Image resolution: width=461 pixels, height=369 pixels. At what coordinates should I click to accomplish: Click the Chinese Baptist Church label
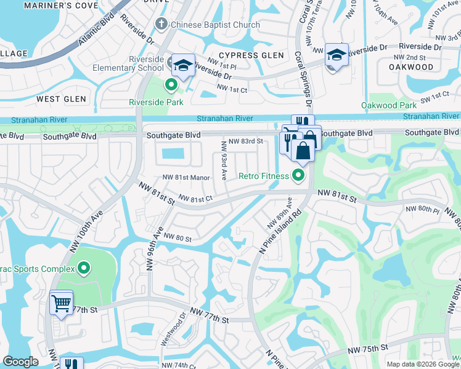pyautogui.click(x=215, y=25)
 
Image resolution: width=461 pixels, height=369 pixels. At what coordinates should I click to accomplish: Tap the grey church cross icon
pyautogui.click(x=161, y=25)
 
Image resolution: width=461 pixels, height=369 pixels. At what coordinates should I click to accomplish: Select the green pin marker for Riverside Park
pyautogui.click(x=172, y=85)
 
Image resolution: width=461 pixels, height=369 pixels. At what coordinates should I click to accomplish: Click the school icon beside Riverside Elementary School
pyautogui.click(x=183, y=65)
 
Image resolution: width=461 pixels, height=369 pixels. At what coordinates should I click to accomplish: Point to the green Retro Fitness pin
pyautogui.click(x=299, y=176)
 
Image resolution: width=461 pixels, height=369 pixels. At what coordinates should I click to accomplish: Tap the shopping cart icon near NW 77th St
pyautogui.click(x=61, y=302)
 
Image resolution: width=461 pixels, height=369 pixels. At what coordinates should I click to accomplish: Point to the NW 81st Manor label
pyautogui.click(x=187, y=178)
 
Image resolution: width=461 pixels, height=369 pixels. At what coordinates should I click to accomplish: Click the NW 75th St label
pyautogui.click(x=367, y=349)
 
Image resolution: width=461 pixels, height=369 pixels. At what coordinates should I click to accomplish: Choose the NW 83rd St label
pyautogui.click(x=245, y=141)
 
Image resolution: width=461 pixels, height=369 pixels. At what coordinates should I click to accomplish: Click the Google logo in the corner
pyautogui.click(x=20, y=362)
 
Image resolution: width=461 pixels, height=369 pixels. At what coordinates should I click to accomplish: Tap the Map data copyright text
pyautogui.click(x=423, y=364)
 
